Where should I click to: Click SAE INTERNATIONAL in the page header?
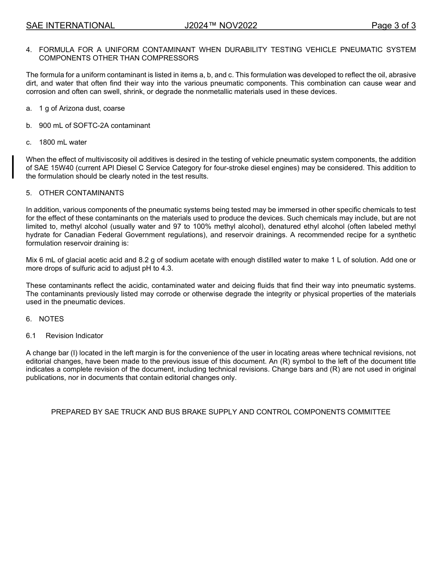(70, 26)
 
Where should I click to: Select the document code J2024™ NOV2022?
(221, 26)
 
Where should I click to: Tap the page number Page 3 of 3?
(393, 26)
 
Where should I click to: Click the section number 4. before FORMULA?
(29, 50)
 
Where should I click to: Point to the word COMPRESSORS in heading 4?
(176, 58)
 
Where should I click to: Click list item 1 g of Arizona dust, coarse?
(82, 108)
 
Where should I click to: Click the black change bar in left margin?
(13, 167)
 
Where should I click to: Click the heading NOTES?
(51, 319)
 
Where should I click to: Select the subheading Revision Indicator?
(74, 336)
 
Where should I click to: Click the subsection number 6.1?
(31, 336)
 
